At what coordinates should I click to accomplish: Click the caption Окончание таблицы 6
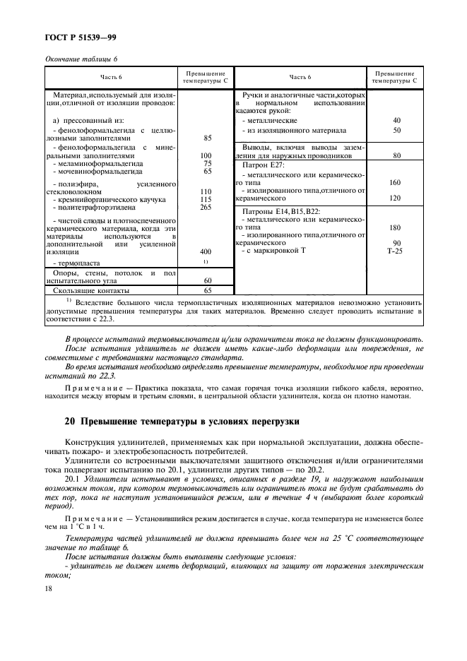81,59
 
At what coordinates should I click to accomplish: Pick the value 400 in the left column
206,251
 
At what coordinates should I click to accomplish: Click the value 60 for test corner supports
206,280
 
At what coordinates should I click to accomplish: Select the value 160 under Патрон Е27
396,182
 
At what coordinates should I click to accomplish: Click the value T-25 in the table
396,252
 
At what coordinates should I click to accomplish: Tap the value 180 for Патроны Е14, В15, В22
396,228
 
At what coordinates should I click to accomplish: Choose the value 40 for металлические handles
396,121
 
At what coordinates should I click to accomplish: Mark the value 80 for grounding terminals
396,155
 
